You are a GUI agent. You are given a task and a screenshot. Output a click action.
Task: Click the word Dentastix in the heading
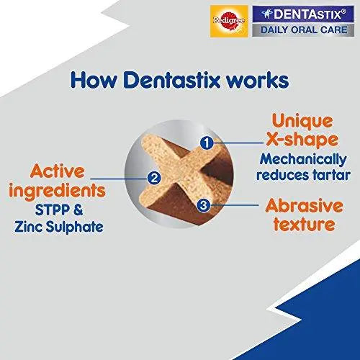pos(182,78)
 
